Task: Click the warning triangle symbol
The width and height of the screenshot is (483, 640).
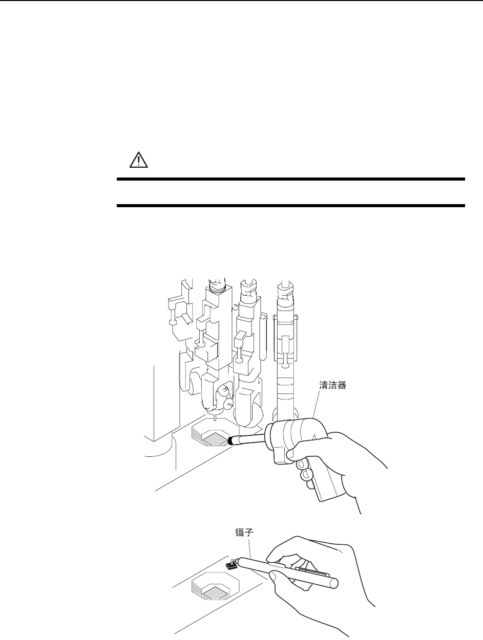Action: tap(137, 161)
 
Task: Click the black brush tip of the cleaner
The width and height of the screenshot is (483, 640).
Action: tap(233, 440)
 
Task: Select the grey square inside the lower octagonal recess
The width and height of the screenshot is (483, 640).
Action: tap(215, 593)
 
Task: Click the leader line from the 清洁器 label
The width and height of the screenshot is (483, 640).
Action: tap(315, 407)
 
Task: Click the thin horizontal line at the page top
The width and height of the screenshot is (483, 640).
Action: tap(241, 1)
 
